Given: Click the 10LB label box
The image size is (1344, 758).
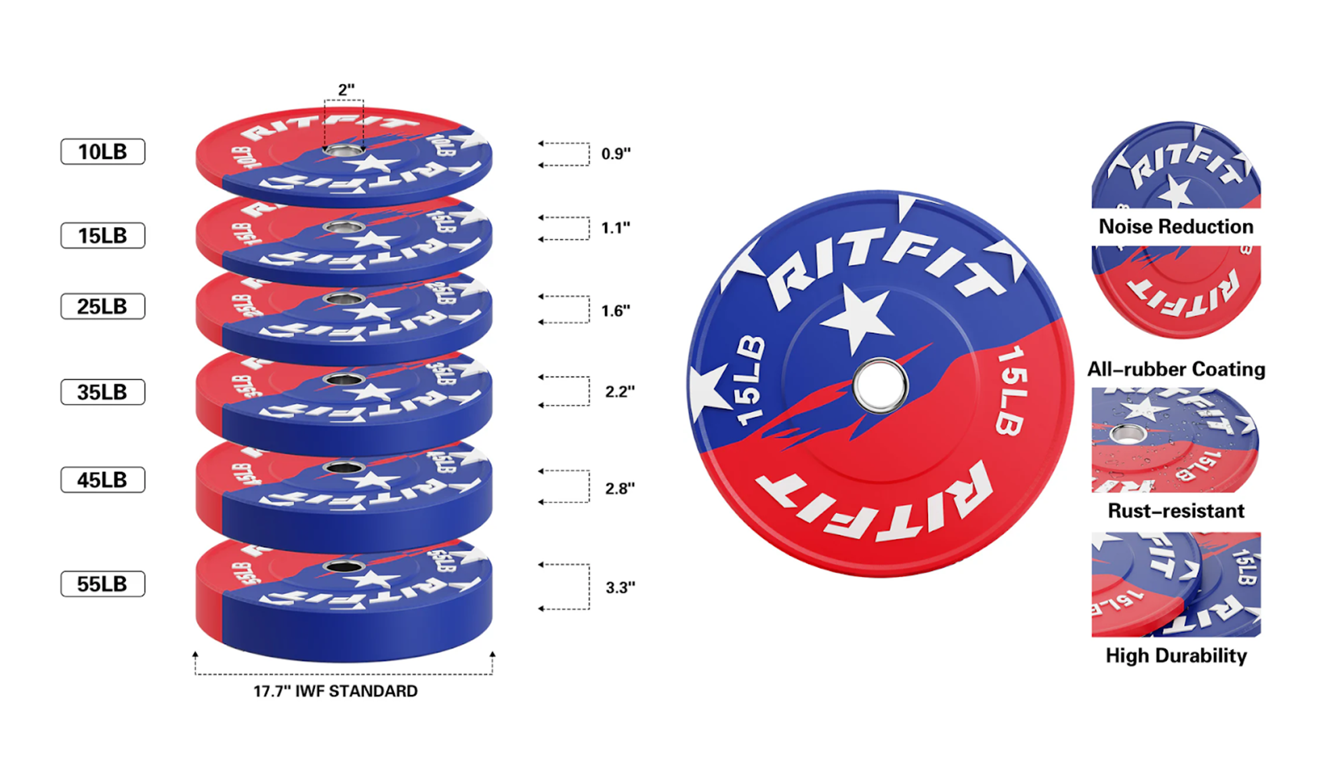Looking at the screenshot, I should [102, 152].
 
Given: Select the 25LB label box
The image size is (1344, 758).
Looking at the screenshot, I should [102, 307].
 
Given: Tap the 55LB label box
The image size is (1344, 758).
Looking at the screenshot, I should [102, 584].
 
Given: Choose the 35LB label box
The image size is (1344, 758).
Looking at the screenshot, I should [102, 392].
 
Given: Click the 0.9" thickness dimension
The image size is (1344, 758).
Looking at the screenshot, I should [616, 154].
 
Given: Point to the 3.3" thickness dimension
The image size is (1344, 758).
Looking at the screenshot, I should [620, 587].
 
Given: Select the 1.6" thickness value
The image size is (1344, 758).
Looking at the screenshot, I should [616, 311].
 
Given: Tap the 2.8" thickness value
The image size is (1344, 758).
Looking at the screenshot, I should [620, 488].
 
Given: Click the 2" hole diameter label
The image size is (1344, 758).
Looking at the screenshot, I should [346, 90].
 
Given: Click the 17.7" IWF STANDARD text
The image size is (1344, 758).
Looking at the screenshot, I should [335, 691].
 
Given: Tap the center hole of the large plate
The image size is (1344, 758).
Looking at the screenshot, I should [880, 386].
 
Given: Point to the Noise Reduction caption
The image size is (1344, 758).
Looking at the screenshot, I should [1176, 227].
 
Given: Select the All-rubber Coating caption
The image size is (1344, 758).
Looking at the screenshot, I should [1176, 370].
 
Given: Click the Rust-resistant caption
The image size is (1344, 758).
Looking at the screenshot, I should [1176, 511].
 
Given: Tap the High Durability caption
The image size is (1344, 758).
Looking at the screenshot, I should [1176, 656].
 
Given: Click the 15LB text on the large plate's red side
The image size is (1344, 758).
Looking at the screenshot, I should [1013, 391].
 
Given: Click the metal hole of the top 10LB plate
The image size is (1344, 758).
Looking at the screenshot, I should [344, 150].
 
